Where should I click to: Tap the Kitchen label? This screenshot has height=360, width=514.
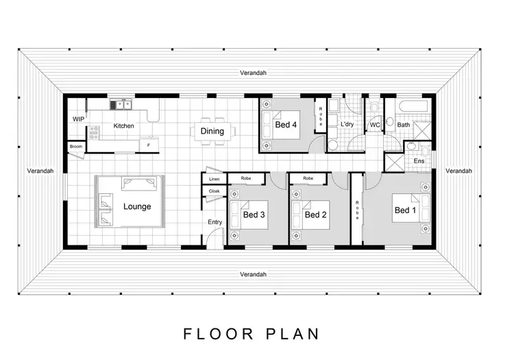click(x=123, y=126)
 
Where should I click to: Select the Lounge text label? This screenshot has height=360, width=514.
click(x=137, y=206)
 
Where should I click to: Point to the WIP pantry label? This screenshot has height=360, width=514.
click(x=78, y=119)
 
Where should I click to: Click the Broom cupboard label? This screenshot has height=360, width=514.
click(x=75, y=146)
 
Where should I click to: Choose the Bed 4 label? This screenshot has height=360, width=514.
click(x=286, y=125)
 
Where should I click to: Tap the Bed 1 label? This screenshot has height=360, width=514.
click(x=404, y=211)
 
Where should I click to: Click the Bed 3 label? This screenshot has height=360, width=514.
click(x=254, y=215)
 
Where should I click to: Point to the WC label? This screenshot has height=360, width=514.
click(x=375, y=125)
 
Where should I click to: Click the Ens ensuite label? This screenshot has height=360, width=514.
click(x=419, y=161)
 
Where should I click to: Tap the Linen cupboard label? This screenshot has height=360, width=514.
click(x=214, y=178)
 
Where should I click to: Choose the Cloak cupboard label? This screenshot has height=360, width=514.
click(x=214, y=191)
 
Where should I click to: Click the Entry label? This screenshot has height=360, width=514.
click(x=215, y=221)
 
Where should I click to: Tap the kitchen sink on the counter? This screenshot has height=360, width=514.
click(x=122, y=104)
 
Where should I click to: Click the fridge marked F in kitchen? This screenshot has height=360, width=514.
click(x=149, y=145)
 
